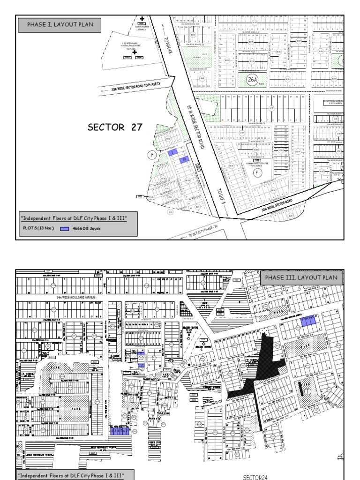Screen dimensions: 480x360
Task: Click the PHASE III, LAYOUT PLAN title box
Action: coord(301,278)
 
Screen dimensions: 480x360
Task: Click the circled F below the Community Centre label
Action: coord(256,172)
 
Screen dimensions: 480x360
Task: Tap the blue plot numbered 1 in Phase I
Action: coord(172,152)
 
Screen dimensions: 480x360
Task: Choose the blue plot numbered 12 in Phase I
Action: coord(185,159)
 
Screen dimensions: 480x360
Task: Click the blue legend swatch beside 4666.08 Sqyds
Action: coord(64,229)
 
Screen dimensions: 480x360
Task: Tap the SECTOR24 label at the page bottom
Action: coord(255,477)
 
